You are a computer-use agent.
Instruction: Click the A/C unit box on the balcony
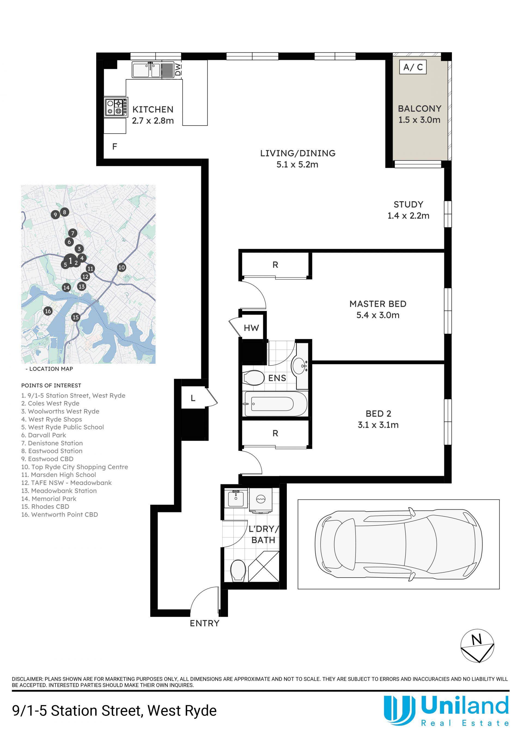click(x=413, y=67)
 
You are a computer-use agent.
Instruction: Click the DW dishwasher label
click(x=178, y=69)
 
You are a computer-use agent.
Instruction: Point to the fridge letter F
click(x=114, y=147)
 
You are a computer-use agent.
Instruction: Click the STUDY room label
click(x=408, y=204)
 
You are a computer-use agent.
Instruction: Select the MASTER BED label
click(x=378, y=304)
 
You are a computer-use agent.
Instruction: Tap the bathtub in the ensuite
click(x=275, y=404)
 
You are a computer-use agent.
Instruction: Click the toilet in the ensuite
click(x=254, y=378)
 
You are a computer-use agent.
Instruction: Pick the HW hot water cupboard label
click(x=251, y=328)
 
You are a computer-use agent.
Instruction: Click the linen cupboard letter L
click(x=193, y=398)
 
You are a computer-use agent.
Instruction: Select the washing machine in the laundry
click(x=260, y=500)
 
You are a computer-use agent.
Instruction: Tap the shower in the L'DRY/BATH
click(x=264, y=566)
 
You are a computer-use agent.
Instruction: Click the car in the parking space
click(x=398, y=545)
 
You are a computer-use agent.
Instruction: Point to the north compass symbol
click(x=477, y=646)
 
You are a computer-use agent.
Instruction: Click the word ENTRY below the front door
click(x=205, y=623)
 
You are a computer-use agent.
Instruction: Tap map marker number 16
click(x=48, y=311)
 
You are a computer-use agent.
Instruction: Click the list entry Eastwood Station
click(x=52, y=451)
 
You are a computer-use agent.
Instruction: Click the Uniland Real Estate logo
click(x=446, y=710)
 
